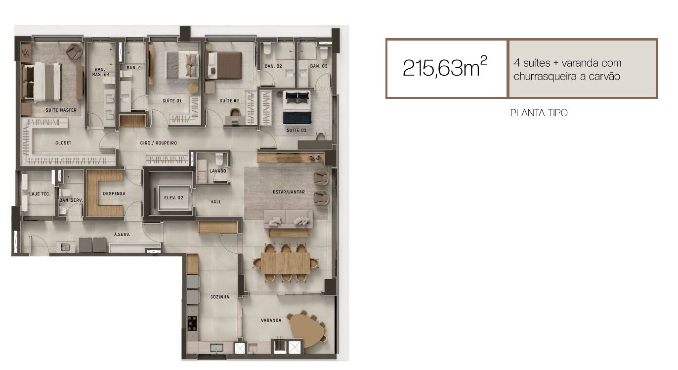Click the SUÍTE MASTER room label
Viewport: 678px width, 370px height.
click(61, 110)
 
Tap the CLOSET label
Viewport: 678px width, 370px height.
click(63, 143)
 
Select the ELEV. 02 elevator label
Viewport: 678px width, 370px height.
click(174, 197)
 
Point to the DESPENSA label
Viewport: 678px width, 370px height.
click(114, 193)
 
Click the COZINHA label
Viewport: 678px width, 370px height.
click(220, 297)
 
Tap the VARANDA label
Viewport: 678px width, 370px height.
click(271, 321)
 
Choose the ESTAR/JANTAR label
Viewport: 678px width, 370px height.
click(289, 192)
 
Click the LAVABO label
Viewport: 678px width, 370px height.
click(218, 171)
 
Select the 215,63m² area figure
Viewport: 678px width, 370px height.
click(445, 67)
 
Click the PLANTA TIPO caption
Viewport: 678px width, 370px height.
click(539, 113)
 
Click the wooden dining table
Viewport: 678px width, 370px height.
click(286, 263)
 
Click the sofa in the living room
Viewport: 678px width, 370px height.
click(288, 219)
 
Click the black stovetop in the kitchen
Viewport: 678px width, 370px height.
click(192, 324)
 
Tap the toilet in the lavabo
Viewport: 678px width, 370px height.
click(219, 158)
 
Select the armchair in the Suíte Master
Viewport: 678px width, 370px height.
click(75, 51)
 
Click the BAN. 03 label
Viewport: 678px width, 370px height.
click(319, 66)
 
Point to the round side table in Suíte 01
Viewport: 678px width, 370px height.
click(193, 88)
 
